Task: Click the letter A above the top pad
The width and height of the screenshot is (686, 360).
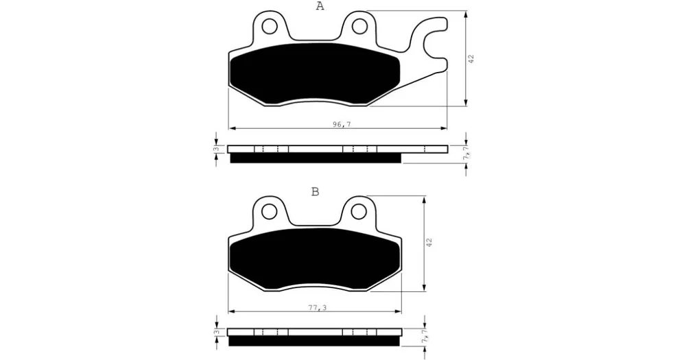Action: pyautogui.click(x=320, y=6)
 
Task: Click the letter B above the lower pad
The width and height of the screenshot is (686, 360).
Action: pyautogui.click(x=315, y=191)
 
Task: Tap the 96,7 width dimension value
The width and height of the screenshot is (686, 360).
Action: pyautogui.click(x=341, y=125)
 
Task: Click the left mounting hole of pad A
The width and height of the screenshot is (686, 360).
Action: pyautogui.click(x=270, y=27)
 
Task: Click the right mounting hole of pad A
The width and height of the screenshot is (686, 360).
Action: pyautogui.click(x=359, y=26)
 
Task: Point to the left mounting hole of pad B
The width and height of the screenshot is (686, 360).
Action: pyautogui.click(x=270, y=212)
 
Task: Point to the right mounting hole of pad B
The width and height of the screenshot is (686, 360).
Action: pyautogui.click(x=359, y=212)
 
